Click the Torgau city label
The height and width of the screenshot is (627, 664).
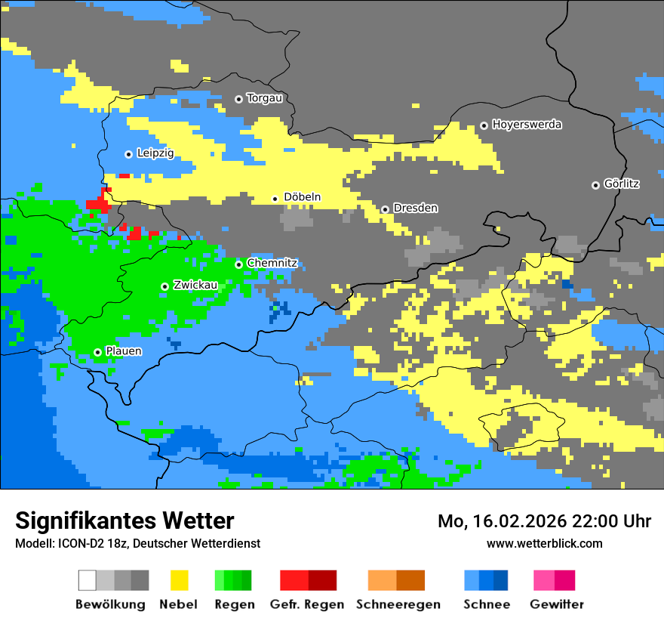[264, 98]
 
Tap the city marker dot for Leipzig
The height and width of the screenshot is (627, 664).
[128, 154]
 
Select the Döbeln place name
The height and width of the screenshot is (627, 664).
[302, 197]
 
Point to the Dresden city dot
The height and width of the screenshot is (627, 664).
[385, 209]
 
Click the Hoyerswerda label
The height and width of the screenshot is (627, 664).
[527, 125]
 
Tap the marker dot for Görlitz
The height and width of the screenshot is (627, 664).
[595, 185]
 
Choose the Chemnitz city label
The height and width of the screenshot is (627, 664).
[272, 263]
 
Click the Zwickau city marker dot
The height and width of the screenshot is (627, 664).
[164, 286]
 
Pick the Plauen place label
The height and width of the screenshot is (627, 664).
[123, 351]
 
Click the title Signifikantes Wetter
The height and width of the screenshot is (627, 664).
[124, 521]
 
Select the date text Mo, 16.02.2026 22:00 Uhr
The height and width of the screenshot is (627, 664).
[544, 521]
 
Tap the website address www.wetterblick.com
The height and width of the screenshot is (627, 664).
[544, 543]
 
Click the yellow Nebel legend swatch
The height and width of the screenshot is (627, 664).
[179, 580]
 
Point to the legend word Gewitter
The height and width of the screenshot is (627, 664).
[556, 604]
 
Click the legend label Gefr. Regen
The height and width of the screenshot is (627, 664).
[306, 604]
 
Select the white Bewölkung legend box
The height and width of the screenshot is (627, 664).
[87, 580]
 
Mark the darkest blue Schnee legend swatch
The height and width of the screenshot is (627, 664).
[501, 580]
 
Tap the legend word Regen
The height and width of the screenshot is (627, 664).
[234, 604]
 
